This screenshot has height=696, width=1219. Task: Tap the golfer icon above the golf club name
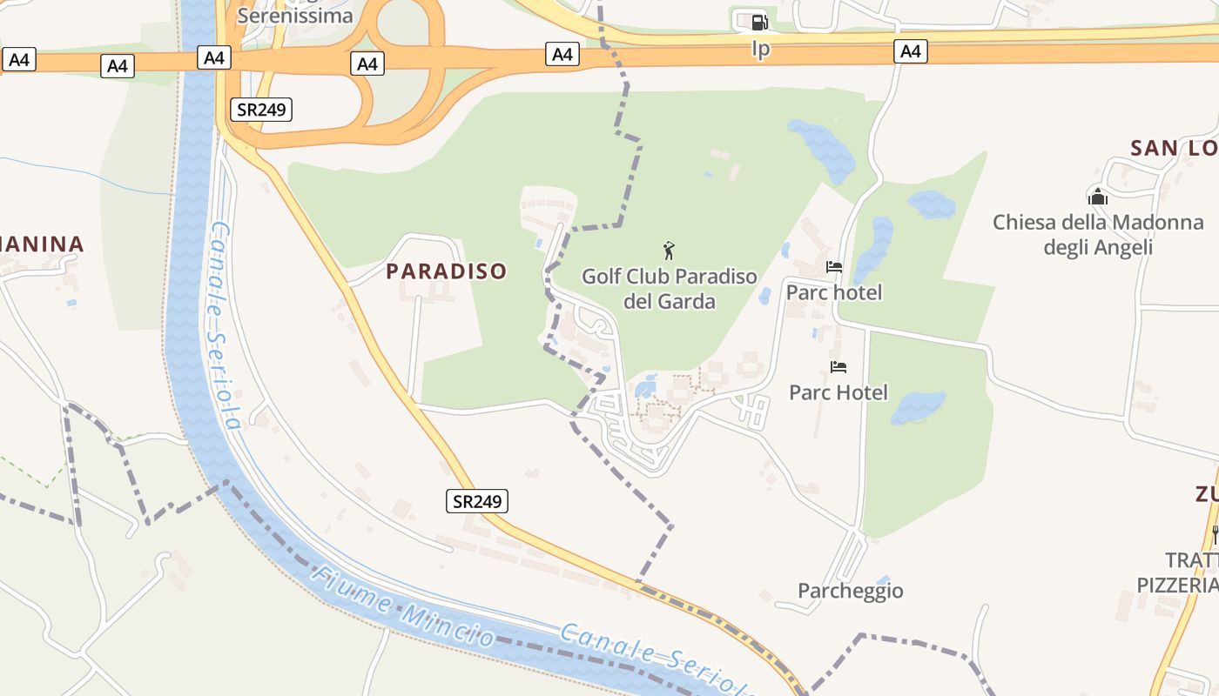click(669, 251)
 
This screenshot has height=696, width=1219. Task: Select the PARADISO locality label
click(446, 271)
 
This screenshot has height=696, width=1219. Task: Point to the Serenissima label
click(295, 16)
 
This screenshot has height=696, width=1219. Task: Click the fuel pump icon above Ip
click(759, 23)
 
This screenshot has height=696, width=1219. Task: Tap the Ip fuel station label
click(760, 49)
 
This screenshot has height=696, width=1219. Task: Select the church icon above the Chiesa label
click(1098, 197)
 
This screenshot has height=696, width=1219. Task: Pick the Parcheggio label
click(851, 592)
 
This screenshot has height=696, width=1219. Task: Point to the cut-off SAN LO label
click(1174, 148)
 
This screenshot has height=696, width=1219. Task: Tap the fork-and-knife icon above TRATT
click(1215, 533)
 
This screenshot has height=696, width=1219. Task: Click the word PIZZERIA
click(1178, 585)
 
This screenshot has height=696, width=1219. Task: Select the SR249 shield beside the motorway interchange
click(261, 109)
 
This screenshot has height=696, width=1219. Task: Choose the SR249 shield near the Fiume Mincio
click(478, 501)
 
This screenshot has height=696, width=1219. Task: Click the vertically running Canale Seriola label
click(223, 325)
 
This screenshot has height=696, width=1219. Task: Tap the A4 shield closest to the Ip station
click(910, 52)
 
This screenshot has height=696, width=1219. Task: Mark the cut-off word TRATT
click(1191, 559)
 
